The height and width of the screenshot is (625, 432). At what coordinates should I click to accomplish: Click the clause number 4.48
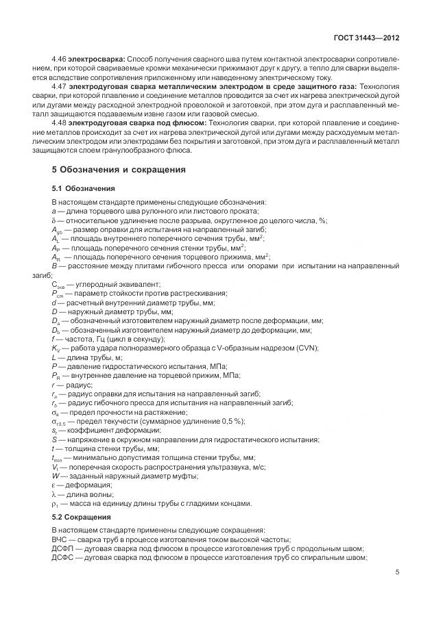(x=60, y=123)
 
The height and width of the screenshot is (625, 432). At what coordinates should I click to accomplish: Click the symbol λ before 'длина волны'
(x=53, y=494)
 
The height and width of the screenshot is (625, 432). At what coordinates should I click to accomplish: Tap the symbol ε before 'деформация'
(x=53, y=485)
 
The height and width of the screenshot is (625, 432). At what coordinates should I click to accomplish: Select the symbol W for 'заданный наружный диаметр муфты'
(x=55, y=476)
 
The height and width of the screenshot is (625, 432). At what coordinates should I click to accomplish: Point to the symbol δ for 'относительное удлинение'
(x=53, y=220)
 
